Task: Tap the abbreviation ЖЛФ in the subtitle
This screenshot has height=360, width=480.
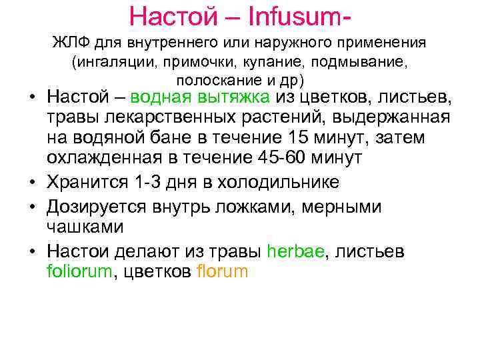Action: click(71, 44)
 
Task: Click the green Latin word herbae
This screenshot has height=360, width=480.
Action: click(295, 251)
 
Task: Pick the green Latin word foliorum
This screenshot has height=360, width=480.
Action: click(75, 271)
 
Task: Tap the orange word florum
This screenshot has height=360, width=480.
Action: click(223, 271)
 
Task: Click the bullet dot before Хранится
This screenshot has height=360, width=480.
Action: click(32, 183)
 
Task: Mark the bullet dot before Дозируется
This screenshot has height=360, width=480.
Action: click(32, 207)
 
